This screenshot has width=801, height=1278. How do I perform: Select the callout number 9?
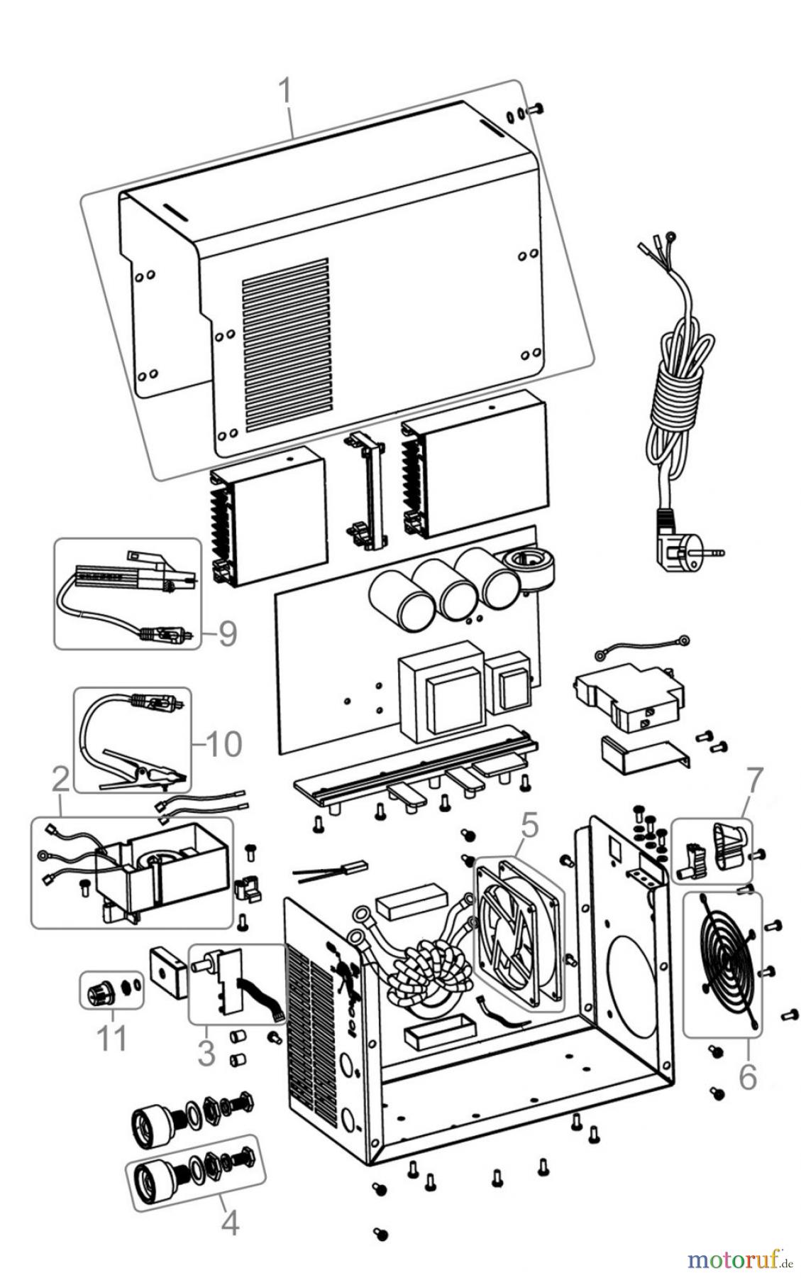click(226, 633)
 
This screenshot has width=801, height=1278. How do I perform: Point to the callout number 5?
click(529, 825)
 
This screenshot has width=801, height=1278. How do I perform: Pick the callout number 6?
click(748, 1077)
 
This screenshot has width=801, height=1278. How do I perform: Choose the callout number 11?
click(112, 1038)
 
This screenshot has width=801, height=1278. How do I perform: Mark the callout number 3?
click(206, 1052)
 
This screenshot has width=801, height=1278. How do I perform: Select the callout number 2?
click(60, 780)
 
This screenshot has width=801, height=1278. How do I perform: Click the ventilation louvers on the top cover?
click(285, 346)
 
